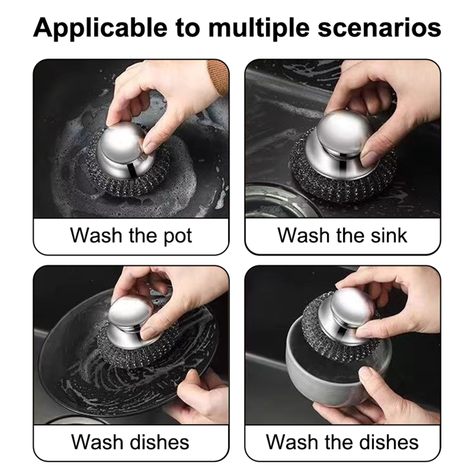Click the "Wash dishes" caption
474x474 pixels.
[130, 442]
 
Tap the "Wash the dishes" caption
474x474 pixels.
[342, 442]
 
